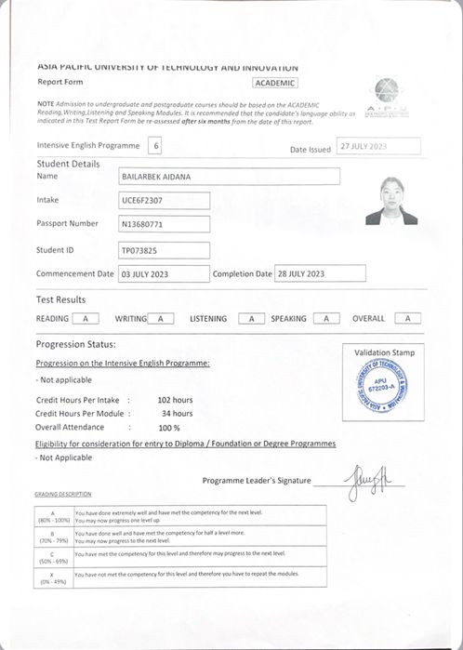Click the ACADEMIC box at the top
tap(274, 83)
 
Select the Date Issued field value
tap(378, 147)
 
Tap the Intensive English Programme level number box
tap(155, 145)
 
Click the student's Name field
tap(229, 176)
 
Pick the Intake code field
tap(164, 200)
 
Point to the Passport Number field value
tap(164, 224)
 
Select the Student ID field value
tap(164, 250)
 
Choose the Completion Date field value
tap(320, 274)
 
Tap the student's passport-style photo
tap(390, 202)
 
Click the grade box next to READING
tap(86, 319)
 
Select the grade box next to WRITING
tap(161, 319)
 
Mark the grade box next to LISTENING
tap(251, 319)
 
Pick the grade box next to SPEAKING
tap(325, 319)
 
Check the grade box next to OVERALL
tap(407, 319)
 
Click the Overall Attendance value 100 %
tap(169, 428)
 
